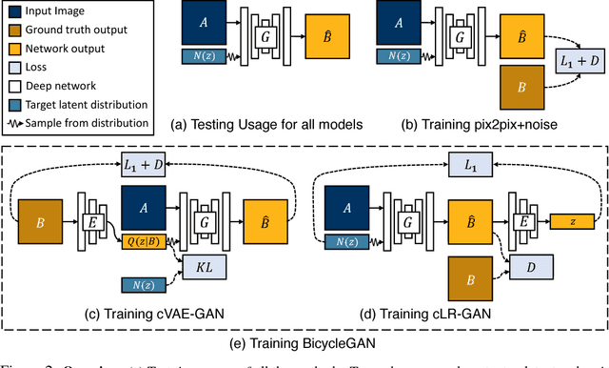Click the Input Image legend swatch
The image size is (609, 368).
click(x=12, y=12)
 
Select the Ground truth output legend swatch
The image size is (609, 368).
click(x=12, y=30)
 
